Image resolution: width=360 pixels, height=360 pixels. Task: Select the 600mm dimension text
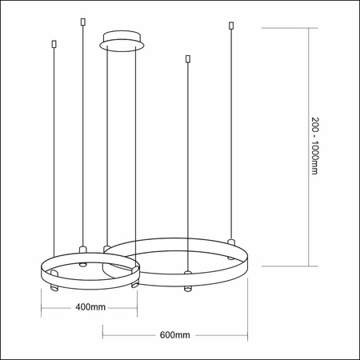175,334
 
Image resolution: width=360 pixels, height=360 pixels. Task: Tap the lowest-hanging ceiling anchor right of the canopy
187,59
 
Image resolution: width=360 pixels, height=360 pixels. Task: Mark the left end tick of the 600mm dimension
102,334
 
